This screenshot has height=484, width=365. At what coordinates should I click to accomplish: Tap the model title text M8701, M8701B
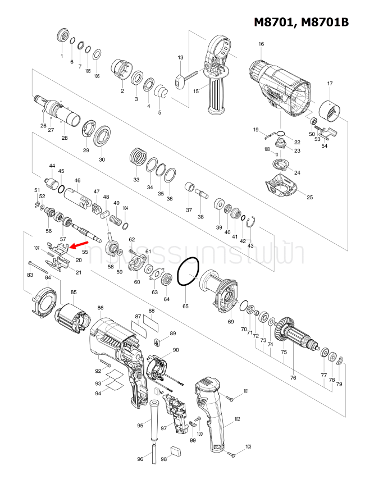tap(302, 22)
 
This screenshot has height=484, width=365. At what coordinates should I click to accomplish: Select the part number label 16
tap(261, 44)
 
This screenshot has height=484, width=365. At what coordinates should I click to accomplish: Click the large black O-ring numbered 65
tap(188, 272)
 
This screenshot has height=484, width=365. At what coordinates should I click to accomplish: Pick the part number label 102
tap(237, 419)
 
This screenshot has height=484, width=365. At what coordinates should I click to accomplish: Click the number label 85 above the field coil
tap(74, 292)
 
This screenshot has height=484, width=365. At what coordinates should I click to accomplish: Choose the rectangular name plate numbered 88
tap(152, 324)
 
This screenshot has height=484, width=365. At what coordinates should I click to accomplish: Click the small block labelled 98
tap(175, 449)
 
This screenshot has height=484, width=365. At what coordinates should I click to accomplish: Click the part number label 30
tap(102, 159)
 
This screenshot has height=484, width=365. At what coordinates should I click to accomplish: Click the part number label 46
tap(77, 180)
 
